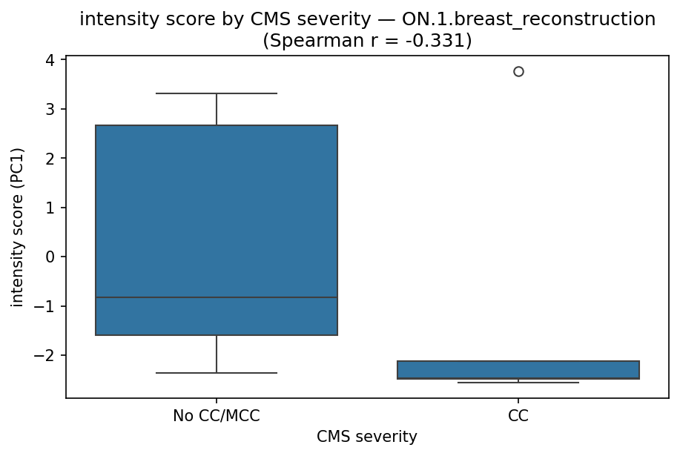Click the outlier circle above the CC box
click(518, 71)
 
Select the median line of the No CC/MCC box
click(217, 297)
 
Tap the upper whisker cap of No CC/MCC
click(217, 93)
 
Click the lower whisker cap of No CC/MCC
click(217, 373)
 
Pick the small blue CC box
click(518, 369)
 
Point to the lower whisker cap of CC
click(518, 383)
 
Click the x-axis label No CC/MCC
click(217, 416)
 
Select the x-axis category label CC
click(518, 416)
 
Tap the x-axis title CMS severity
click(367, 437)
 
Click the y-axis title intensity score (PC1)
click(18, 227)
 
